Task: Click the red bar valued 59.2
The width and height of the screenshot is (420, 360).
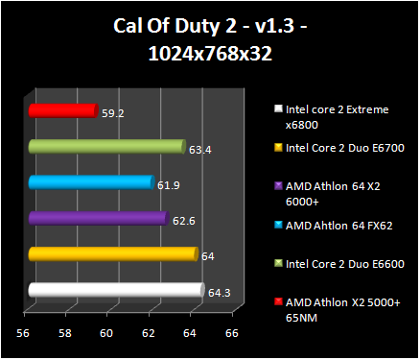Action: tap(62, 111)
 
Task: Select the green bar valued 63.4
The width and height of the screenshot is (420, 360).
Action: tap(105, 147)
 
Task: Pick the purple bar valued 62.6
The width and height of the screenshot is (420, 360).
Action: tap(98, 219)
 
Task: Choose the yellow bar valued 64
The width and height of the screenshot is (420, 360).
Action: tap(112, 254)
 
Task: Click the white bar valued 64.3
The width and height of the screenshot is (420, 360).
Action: tap(115, 290)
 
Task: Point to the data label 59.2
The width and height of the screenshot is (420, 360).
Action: tap(112, 112)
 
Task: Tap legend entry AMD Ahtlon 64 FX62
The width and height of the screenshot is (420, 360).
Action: tap(332, 226)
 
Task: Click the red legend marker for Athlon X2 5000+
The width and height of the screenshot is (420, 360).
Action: tap(279, 302)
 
